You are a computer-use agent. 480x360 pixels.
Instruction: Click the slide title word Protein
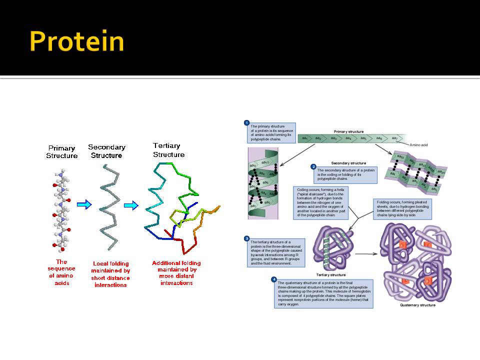76,41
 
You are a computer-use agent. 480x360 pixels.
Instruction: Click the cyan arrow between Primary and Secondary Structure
85,204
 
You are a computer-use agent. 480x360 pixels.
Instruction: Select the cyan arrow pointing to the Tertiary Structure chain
130,205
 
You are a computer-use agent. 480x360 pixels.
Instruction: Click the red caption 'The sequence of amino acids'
61,272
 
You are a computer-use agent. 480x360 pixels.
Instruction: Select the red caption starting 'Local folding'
110,274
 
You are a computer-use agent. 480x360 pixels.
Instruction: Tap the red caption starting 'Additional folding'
176,272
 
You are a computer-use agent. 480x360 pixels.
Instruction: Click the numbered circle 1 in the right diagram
246,122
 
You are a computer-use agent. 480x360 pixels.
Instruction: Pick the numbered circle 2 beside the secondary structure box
313,166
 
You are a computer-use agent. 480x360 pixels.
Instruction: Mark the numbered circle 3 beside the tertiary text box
246,238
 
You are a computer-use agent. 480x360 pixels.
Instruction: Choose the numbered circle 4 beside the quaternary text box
273,279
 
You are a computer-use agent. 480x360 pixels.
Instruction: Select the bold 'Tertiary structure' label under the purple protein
331,275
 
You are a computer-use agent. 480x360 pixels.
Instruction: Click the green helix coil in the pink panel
262,185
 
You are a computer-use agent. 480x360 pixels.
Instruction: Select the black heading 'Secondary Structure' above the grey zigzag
106,151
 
